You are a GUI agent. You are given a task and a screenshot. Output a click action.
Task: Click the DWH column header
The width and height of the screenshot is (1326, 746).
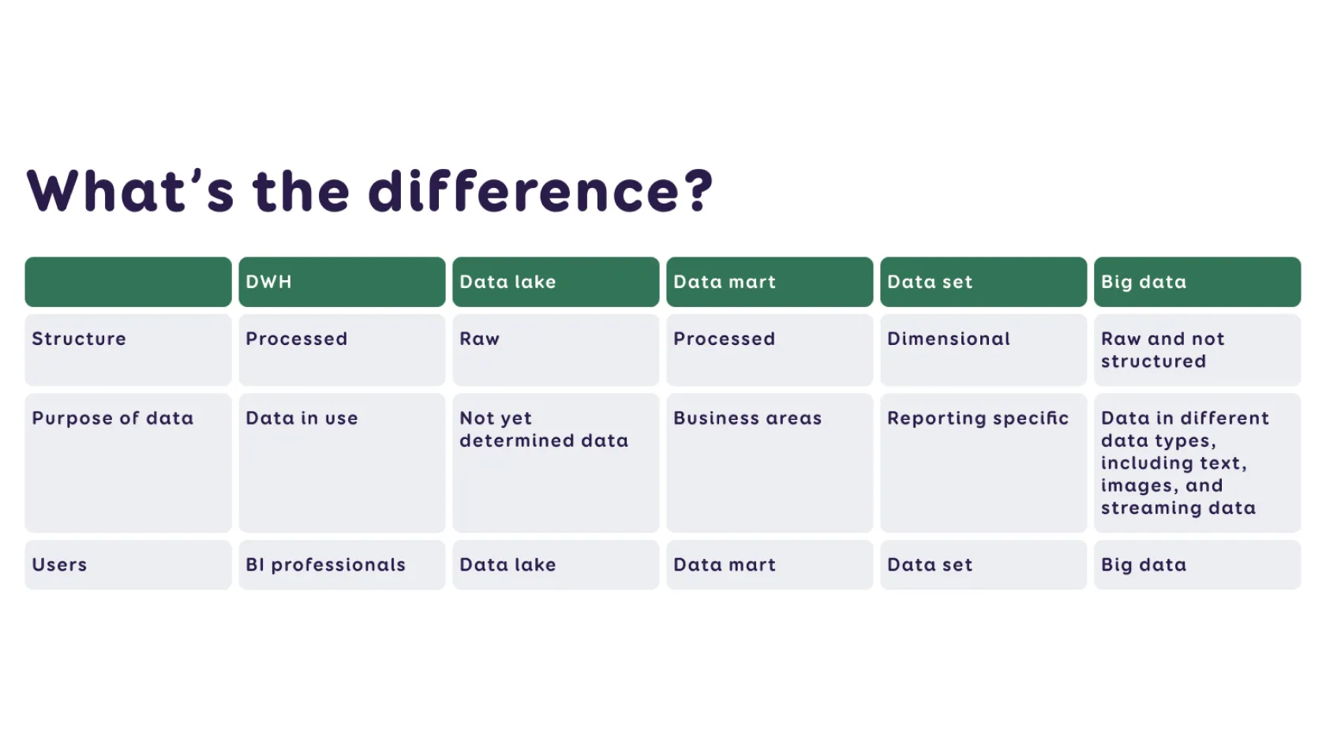coord(342,282)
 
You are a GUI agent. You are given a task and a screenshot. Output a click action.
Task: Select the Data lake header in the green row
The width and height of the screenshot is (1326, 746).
coord(556,282)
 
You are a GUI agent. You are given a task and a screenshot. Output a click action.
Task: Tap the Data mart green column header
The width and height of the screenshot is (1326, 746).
coord(769,282)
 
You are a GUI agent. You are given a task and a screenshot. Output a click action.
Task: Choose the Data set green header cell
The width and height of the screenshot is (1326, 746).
coord(983,282)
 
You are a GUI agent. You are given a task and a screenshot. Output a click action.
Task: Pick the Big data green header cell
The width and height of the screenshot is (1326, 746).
coord(1197,282)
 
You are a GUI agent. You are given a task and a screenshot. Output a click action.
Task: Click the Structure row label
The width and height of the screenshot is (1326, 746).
coord(128,350)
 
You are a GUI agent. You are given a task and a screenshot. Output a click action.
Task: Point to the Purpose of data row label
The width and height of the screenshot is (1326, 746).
coord(128,463)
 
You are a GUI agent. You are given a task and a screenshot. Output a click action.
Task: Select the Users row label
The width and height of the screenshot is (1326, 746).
coord(128,565)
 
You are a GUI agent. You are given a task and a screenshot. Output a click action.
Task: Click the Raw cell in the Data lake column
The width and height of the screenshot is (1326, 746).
coord(556,350)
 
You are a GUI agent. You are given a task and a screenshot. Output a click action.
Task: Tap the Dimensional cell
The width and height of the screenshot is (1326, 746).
coord(983,350)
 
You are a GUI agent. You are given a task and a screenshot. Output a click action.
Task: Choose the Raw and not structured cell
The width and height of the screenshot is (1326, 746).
coord(1197,350)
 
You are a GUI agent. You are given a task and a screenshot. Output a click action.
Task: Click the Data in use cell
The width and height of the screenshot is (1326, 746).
coord(342,463)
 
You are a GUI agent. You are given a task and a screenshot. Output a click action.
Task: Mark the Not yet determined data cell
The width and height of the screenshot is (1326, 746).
coord(556,463)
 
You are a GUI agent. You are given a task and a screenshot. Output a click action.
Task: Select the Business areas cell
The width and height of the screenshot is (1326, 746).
coord(769,463)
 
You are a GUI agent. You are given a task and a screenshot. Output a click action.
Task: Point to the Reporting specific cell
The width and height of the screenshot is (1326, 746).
coord(983,463)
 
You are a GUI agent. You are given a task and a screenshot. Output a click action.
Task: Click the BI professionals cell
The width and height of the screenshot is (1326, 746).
coord(342,565)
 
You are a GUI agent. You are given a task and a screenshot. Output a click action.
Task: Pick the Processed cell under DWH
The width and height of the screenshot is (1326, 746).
coord(342,350)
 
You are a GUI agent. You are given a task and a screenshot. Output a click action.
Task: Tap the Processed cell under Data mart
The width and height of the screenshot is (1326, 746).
coord(769,350)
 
